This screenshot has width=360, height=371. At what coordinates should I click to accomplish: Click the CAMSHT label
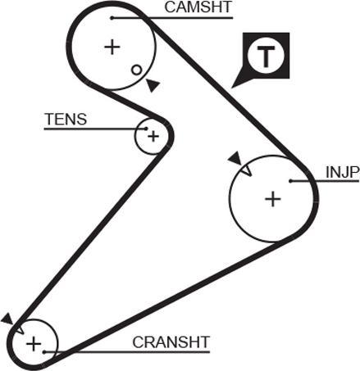coord(198,7)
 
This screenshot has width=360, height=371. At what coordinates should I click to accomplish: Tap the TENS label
coord(66,119)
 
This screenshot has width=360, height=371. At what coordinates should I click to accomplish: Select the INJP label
coord(342,172)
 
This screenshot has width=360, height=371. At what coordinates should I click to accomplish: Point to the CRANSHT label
coord(171,342)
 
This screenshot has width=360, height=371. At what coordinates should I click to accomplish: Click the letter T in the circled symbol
coord(266,57)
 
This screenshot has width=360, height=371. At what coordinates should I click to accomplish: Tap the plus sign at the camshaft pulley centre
coord(112,48)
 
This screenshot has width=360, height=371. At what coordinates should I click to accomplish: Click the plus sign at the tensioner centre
coord(153,136)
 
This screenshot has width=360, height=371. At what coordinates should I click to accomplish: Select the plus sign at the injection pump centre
coord(273,198)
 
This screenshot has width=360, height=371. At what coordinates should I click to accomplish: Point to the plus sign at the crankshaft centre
coord(34,343)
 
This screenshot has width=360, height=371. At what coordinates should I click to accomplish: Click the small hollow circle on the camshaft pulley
coord(136,70)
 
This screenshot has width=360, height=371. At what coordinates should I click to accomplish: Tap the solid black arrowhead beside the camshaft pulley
coord(152,85)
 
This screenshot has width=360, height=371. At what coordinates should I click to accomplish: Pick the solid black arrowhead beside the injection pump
coord(235,159)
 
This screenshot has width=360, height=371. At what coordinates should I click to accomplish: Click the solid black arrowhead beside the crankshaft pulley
coord(7,319)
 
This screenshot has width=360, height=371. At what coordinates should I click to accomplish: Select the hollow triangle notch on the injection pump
coord(246,171)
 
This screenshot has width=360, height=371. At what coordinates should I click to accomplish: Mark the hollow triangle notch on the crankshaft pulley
coord(18,328)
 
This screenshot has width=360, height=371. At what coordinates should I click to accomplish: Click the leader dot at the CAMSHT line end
coord(112,18)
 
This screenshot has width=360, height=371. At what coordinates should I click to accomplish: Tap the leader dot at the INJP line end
coord(290,181)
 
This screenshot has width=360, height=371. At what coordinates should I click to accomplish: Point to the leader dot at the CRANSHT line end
coord(44,352)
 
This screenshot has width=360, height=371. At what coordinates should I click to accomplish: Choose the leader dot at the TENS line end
coord(146,129)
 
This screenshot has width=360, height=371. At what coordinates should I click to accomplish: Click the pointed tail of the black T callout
coord(232,88)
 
